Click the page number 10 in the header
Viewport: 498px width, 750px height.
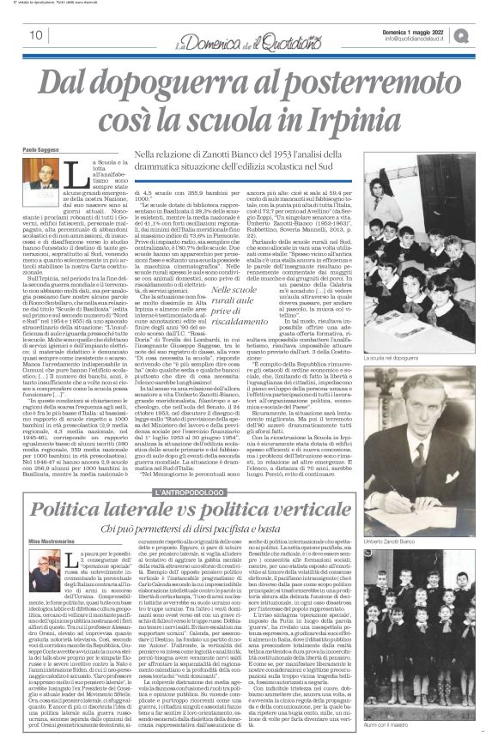coord(35,35)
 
